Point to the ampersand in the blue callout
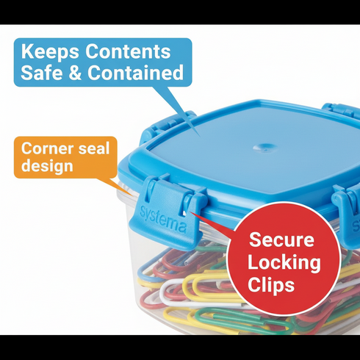[x=75, y=73]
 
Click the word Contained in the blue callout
[x=135, y=72]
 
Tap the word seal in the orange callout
[x=94, y=148]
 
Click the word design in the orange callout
[x=47, y=165]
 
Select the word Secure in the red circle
[x=281, y=240]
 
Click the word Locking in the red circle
[x=284, y=262]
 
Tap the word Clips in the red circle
[x=271, y=284]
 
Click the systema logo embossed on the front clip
[x=163, y=220]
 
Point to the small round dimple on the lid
[x=264, y=148]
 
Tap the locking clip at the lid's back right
[x=341, y=112]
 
